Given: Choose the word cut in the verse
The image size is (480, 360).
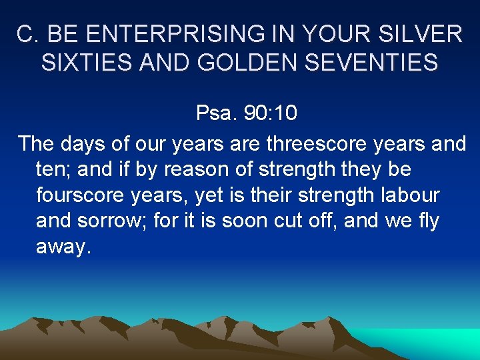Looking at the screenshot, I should pos(307,221).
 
